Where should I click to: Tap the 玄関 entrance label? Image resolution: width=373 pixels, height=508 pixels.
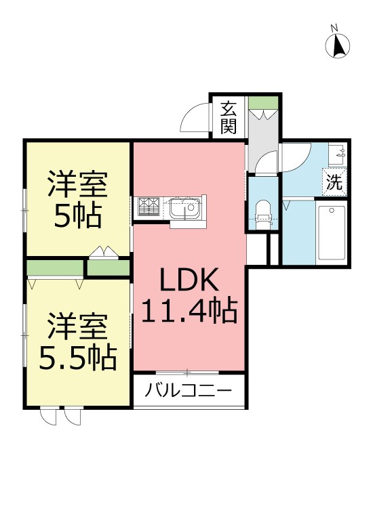pos(229,117)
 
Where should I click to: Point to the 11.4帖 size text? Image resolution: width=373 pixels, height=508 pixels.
pos(189,312)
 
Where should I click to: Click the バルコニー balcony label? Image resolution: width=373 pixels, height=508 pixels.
pos(189,391)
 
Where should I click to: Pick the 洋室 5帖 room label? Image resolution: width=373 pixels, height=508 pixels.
pos(77,200)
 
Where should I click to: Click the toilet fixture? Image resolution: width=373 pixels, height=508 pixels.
pos(262,211)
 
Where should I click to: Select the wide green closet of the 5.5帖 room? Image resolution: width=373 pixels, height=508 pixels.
pos(55,268)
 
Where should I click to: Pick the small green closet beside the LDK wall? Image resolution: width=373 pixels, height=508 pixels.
pos(109,268)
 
